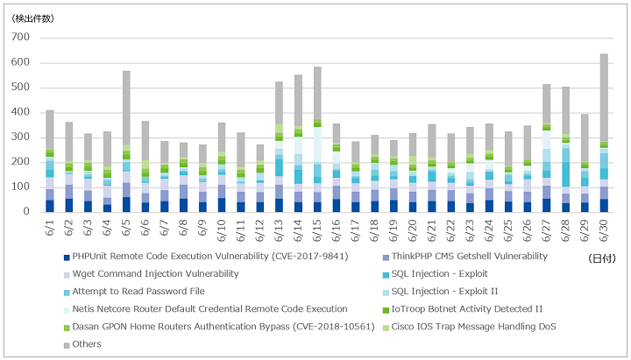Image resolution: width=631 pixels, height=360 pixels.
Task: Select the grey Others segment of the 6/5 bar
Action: (126, 108)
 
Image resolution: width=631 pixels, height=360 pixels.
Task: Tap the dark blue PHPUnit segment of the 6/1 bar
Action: (50, 206)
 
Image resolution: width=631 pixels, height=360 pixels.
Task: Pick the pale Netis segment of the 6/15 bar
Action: (317, 145)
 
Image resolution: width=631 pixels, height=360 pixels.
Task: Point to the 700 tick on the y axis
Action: (20, 38)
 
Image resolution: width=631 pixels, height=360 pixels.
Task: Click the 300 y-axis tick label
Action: (20, 138)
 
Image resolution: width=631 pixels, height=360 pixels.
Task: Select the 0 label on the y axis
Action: (26, 212)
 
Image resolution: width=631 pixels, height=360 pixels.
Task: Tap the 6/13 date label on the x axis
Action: (279, 230)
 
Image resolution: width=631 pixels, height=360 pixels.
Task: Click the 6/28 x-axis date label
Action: (565, 230)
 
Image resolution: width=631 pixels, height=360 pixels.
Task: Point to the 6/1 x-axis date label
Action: (50, 227)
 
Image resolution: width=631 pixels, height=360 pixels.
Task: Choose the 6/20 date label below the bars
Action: (413, 230)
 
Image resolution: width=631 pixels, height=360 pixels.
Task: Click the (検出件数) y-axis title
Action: (32, 18)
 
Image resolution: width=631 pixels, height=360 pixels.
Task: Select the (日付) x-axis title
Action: (602, 258)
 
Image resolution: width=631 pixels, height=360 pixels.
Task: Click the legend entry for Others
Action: (83, 344)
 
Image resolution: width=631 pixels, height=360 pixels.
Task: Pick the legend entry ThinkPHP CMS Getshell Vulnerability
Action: (465, 257)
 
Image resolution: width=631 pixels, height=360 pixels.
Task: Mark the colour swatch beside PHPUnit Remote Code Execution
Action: (67, 258)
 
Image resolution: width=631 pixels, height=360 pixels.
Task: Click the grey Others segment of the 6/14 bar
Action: (298, 100)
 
